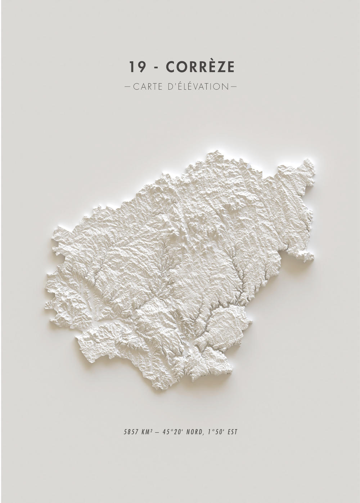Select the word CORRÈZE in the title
click(201, 67)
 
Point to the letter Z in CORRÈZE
click(218, 67)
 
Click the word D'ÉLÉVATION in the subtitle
click(198, 86)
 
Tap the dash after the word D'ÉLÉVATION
click(233, 87)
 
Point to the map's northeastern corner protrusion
click(308, 166)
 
